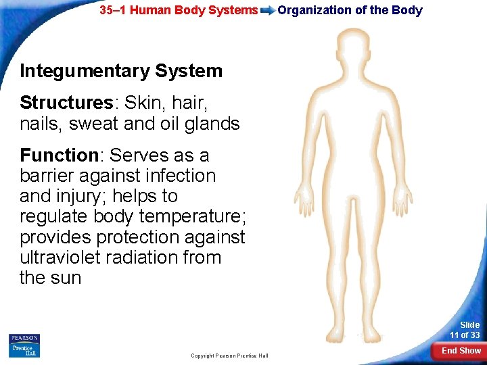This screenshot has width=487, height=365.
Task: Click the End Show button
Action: [x=461, y=350]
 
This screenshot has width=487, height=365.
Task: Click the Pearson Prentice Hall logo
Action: [x=24, y=345]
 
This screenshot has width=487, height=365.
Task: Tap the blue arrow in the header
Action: [x=268, y=10]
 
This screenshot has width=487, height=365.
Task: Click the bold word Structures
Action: [x=66, y=103]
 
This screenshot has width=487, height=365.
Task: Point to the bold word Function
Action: [x=59, y=155]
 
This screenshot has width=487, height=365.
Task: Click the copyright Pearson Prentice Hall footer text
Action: [x=229, y=356]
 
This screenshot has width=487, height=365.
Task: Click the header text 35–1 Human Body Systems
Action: [x=179, y=10]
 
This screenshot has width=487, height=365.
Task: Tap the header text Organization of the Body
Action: [x=350, y=10]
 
